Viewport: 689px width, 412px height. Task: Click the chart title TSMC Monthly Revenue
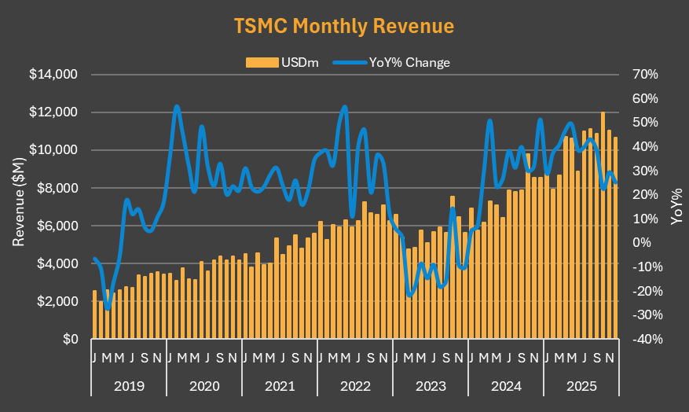344,25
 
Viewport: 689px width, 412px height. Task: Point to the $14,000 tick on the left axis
53,75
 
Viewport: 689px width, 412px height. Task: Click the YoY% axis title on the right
676,207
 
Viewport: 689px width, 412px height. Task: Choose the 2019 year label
129,387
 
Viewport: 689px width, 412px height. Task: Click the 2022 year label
355,387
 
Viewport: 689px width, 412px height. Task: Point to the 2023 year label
431,387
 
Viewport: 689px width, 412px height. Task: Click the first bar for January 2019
95,315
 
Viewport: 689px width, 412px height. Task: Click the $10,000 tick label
53,150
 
